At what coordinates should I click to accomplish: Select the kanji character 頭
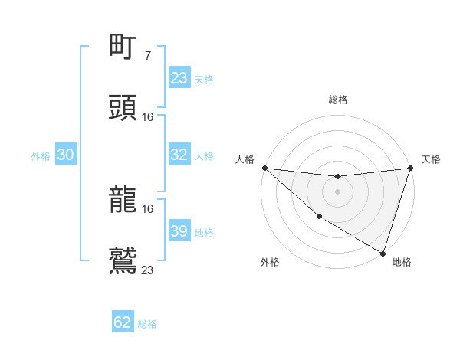point(123,108)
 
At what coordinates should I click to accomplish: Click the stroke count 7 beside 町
point(148,56)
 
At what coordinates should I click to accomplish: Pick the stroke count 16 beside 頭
point(148,116)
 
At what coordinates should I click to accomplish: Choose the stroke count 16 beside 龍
point(148,208)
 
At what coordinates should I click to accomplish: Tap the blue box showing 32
point(179,155)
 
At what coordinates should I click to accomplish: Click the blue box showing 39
point(179,231)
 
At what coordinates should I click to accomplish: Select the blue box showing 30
point(66,155)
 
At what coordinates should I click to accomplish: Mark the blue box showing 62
point(123,322)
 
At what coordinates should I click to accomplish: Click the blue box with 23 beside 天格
point(179,78)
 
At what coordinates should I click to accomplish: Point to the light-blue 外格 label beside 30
point(41,155)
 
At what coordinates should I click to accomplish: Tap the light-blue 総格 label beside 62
point(147,324)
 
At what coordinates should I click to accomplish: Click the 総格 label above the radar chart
point(338,100)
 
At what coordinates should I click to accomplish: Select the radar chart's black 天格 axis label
point(432,159)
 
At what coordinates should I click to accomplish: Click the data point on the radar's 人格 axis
point(264,168)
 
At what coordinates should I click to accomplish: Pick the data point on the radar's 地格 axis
point(383,253)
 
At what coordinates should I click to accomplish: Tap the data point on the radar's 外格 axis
point(318,218)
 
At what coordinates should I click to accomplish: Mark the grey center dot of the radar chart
point(337,191)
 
